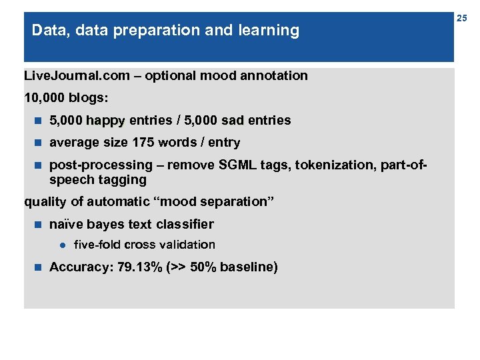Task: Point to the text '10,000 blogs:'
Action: click(x=65, y=98)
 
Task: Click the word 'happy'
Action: click(x=105, y=121)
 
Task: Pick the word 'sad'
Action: click(x=233, y=121)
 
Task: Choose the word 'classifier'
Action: click(x=185, y=225)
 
